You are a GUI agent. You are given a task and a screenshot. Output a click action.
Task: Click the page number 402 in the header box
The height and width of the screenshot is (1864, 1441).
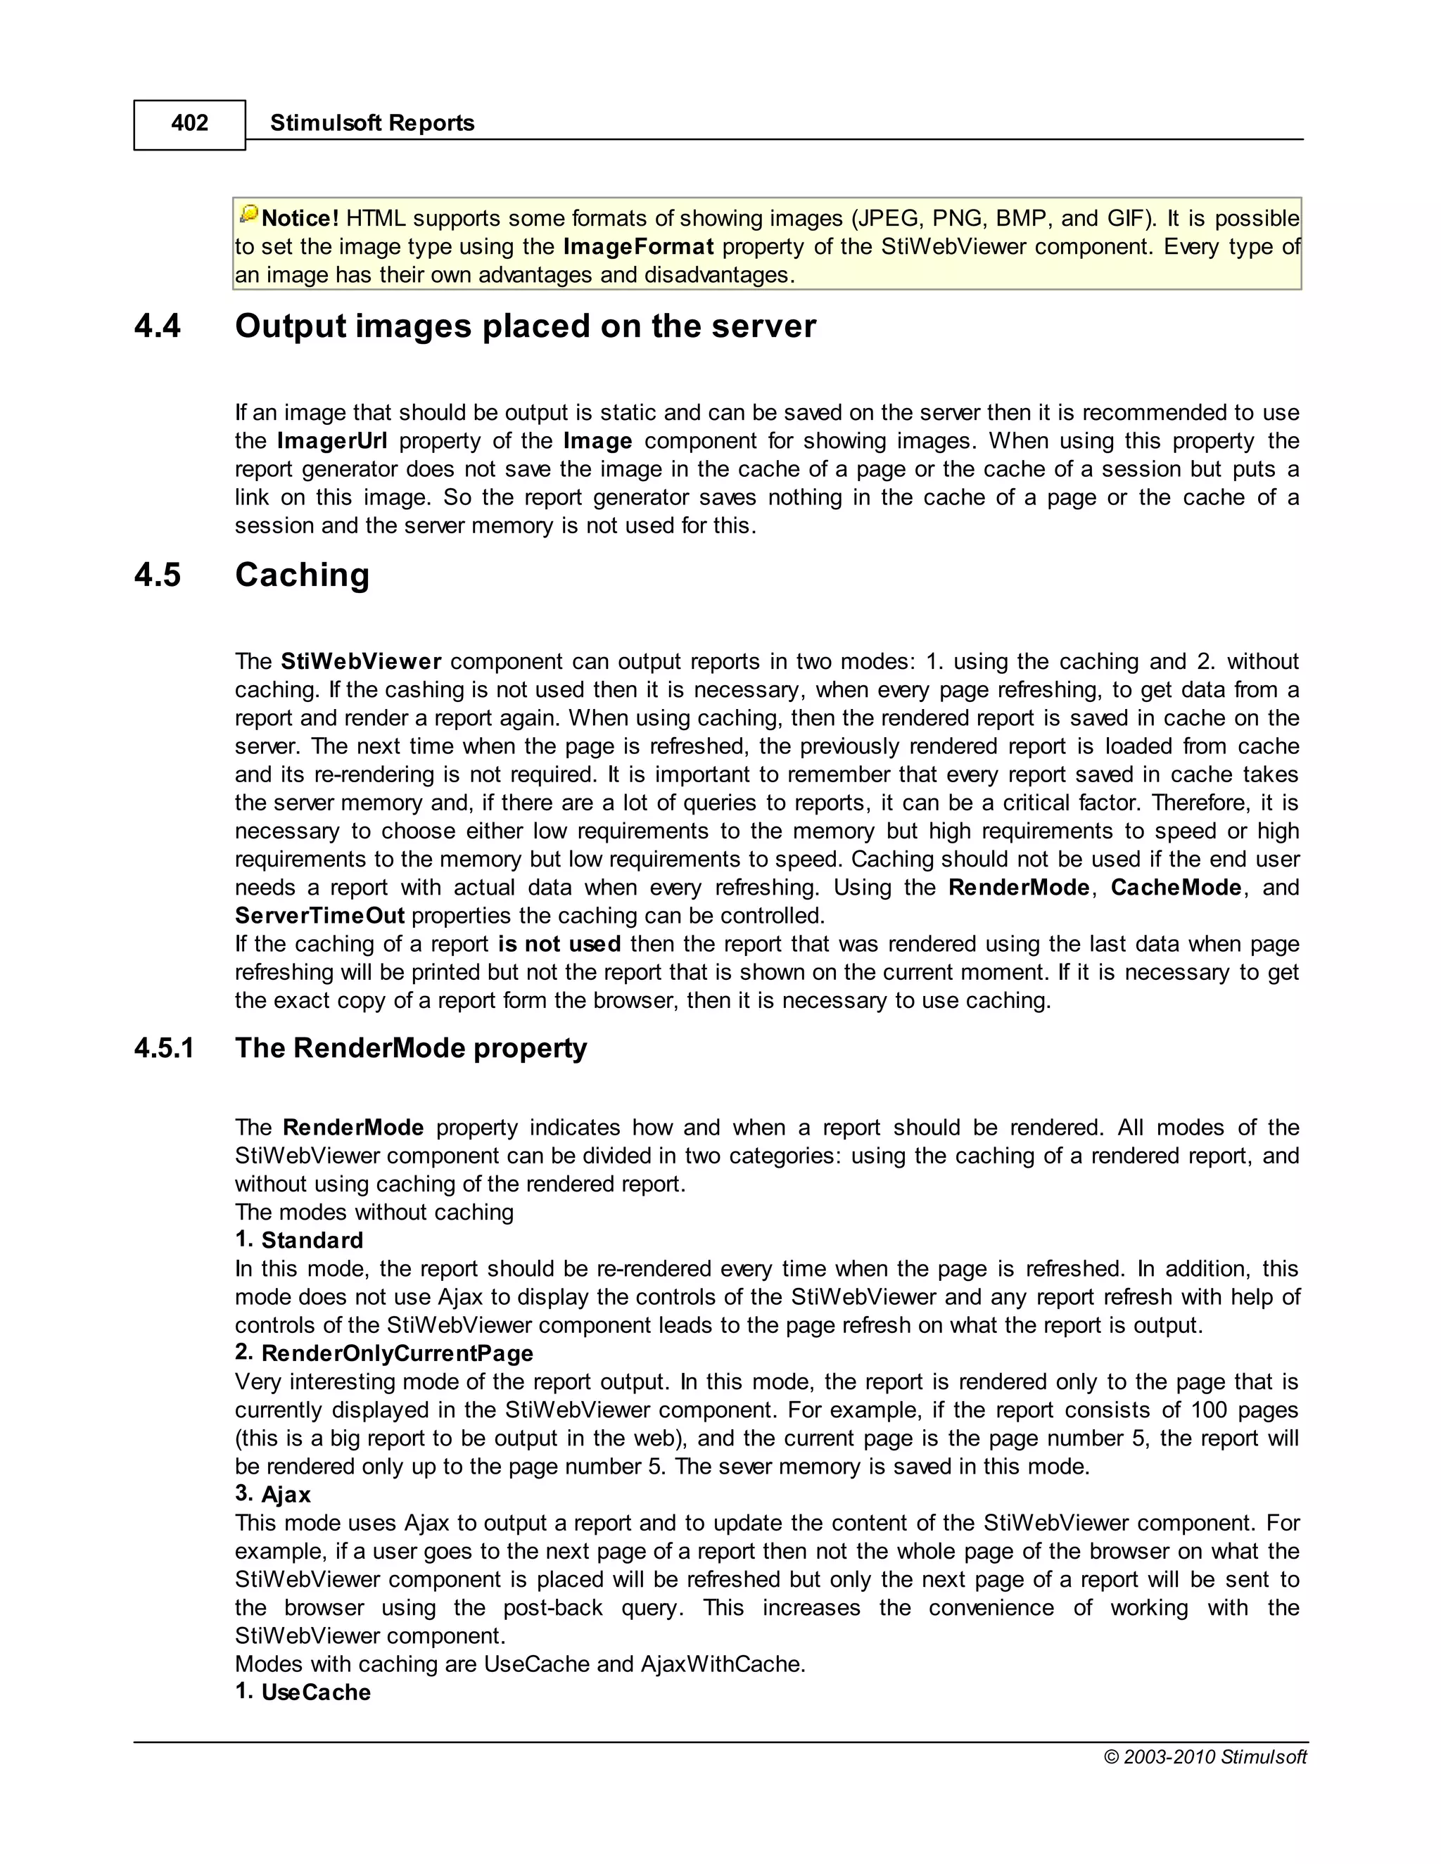[189, 124]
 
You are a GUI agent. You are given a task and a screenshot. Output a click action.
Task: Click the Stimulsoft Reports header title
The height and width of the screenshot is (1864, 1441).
[372, 123]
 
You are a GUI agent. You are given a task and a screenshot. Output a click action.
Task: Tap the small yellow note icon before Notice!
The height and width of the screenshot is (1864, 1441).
[248, 215]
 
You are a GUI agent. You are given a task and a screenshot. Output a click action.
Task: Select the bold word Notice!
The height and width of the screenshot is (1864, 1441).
[300, 219]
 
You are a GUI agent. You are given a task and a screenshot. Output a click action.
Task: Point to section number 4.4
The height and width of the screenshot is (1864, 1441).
[158, 327]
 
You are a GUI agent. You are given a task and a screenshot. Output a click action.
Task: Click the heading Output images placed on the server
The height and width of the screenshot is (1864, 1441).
[525, 327]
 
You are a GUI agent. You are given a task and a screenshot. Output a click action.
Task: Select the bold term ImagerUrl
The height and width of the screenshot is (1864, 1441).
[331, 441]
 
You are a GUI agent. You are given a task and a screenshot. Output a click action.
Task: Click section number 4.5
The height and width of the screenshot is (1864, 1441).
[158, 575]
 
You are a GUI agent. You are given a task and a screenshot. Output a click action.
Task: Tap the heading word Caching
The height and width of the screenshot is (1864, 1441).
[302, 575]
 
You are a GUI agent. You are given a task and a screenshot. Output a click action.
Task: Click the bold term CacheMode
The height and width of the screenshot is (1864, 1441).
[1176, 888]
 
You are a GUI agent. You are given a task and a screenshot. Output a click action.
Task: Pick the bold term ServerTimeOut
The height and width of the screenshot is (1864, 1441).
[319, 916]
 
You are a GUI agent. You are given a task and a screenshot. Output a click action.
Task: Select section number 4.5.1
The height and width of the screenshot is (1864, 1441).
[164, 1048]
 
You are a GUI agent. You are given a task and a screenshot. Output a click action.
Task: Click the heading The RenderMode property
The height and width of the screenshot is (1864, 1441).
[411, 1048]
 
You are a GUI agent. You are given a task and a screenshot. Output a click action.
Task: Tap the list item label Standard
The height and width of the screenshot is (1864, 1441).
[312, 1240]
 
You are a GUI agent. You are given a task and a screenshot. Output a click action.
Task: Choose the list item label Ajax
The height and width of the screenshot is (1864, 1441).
[286, 1495]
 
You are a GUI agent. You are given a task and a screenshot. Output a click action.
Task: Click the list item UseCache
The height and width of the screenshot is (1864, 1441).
[316, 1692]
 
